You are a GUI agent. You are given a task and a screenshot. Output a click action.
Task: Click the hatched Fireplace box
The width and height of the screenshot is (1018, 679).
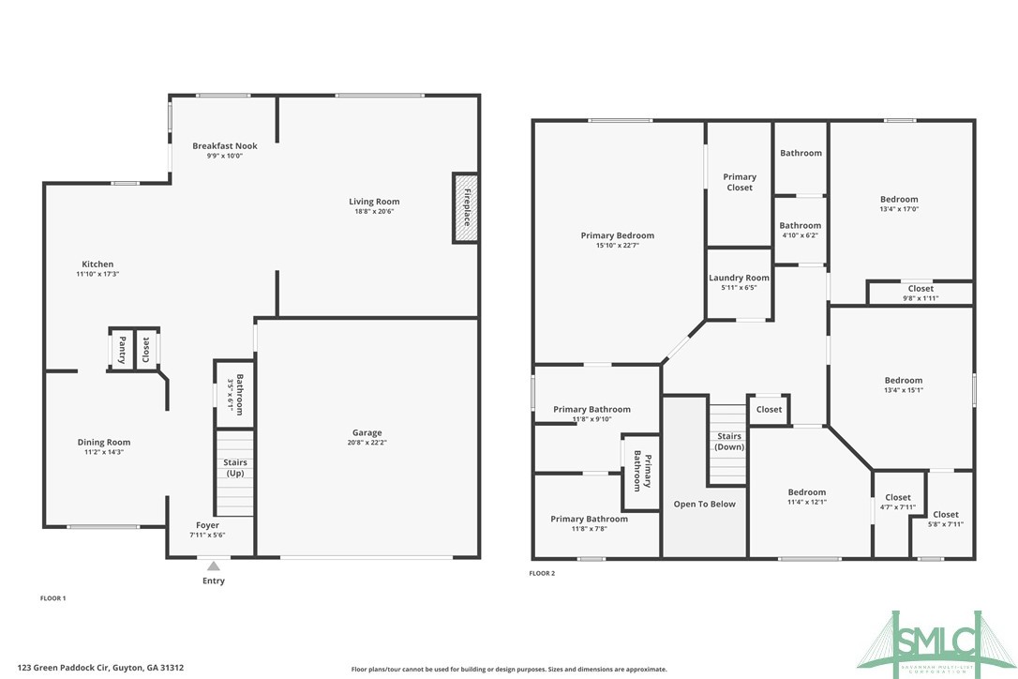tap(466, 207)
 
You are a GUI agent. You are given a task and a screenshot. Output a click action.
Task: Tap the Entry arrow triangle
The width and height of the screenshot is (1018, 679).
tap(213, 566)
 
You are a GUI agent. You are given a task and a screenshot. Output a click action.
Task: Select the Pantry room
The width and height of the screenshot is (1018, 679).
tap(122, 350)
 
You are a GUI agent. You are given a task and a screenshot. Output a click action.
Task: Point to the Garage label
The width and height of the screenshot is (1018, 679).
tap(367, 432)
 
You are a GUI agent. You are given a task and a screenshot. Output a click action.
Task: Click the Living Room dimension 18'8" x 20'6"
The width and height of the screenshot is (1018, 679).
tap(374, 212)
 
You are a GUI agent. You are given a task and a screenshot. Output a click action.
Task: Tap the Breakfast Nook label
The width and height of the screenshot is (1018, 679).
tap(225, 146)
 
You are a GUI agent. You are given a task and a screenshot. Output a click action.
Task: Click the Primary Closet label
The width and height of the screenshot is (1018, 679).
tap(739, 182)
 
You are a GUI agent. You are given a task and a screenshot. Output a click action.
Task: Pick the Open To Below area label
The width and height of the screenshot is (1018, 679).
tap(705, 504)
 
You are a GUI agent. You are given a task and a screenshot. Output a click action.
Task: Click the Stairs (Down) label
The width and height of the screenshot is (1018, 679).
tap(728, 442)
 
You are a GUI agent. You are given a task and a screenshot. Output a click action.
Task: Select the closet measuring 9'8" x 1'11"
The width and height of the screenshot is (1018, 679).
tap(920, 294)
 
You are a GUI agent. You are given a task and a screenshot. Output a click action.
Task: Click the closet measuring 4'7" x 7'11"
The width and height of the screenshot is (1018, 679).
tap(897, 503)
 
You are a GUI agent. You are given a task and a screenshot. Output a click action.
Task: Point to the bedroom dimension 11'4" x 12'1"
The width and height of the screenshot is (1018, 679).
tap(806, 502)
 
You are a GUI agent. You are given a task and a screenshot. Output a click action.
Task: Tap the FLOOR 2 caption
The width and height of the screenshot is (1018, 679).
tap(542, 573)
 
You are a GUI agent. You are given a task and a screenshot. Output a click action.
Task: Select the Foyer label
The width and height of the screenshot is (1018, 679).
tap(207, 525)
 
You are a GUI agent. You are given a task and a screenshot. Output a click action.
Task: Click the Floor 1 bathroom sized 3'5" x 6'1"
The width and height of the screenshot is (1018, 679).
tap(238, 395)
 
